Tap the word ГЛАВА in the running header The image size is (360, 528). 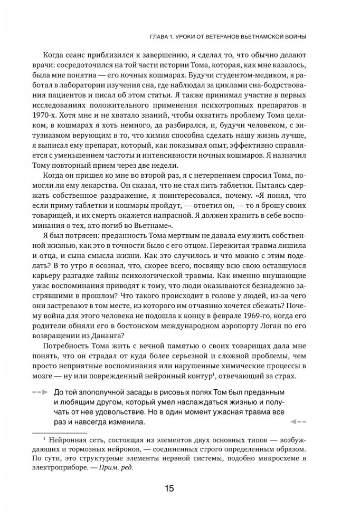163,36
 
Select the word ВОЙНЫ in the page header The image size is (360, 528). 295,36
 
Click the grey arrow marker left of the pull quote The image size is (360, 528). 40,393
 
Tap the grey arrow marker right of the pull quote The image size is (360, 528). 298,423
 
